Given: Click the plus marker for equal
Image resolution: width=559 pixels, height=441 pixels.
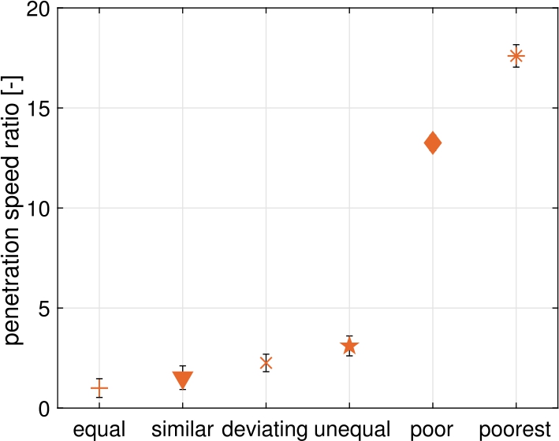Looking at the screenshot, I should (99, 388).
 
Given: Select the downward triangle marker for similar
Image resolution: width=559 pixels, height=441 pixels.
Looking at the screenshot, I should (182, 379).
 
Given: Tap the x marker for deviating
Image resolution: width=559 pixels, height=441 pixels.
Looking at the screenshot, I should (266, 363).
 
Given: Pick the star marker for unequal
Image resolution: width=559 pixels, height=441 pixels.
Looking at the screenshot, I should (349, 346).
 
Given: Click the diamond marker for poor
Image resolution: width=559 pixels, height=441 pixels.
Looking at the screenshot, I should (432, 143).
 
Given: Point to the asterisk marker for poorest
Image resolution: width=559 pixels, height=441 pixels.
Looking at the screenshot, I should (516, 56).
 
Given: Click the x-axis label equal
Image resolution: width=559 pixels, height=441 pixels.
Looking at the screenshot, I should (99, 429).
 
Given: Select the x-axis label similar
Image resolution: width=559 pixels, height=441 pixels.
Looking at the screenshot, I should (182, 429).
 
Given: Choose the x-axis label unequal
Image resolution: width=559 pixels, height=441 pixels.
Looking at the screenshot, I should (352, 429).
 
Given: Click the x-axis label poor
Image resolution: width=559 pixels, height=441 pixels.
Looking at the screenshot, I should (433, 429).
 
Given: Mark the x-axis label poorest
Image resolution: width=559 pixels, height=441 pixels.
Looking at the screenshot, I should (515, 429).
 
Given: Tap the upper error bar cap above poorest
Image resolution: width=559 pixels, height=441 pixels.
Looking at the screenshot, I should (516, 45).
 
